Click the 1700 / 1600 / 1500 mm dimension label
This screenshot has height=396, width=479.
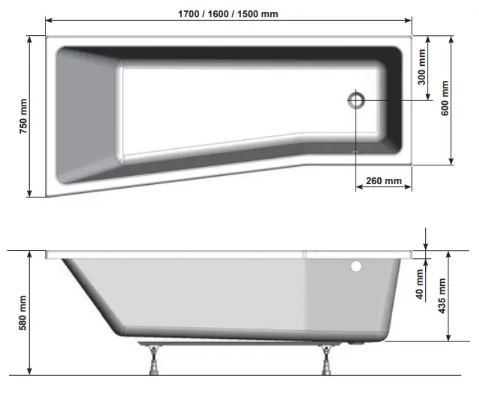click(228, 13)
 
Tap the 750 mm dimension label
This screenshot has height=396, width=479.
click(22, 116)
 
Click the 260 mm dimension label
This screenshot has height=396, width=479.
click(382, 180)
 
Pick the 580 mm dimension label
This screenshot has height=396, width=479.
click(22, 313)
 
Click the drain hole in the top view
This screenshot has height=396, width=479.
click(356, 100)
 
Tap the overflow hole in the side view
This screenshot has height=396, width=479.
click(356, 266)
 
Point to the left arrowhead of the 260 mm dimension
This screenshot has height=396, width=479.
click(359, 188)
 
